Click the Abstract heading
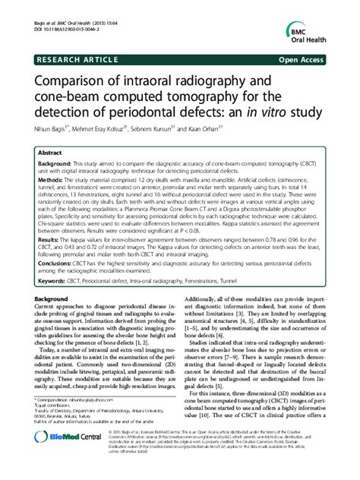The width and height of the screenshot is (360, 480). pyautogui.click(x=50, y=152)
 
